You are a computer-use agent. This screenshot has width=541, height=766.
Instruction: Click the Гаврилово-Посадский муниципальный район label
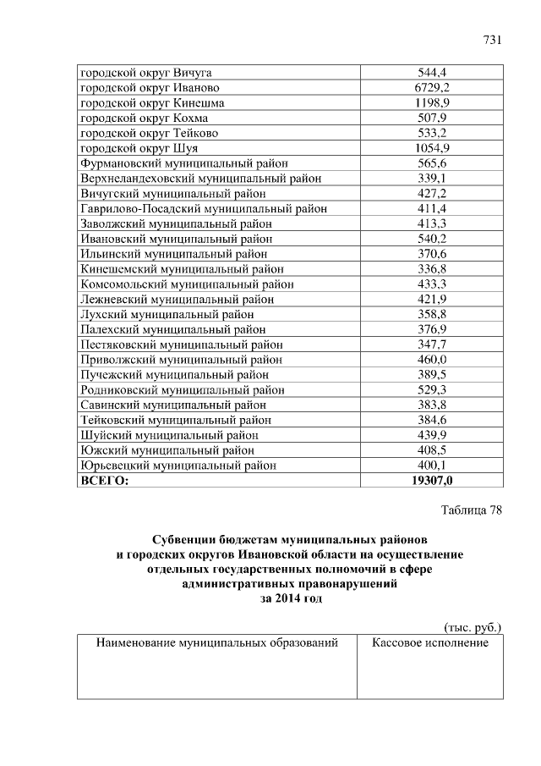tap(203, 208)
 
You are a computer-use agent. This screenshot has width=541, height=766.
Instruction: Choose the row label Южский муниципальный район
tap(167, 450)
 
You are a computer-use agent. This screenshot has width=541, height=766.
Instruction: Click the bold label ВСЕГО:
tap(104, 481)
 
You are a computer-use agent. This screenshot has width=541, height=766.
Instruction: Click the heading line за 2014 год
tap(291, 598)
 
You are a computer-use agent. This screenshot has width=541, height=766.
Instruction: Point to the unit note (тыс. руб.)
tap(473, 627)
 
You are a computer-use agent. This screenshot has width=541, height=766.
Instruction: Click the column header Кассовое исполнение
tap(430, 643)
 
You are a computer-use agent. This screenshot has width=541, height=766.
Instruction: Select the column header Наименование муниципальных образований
tap(217, 643)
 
